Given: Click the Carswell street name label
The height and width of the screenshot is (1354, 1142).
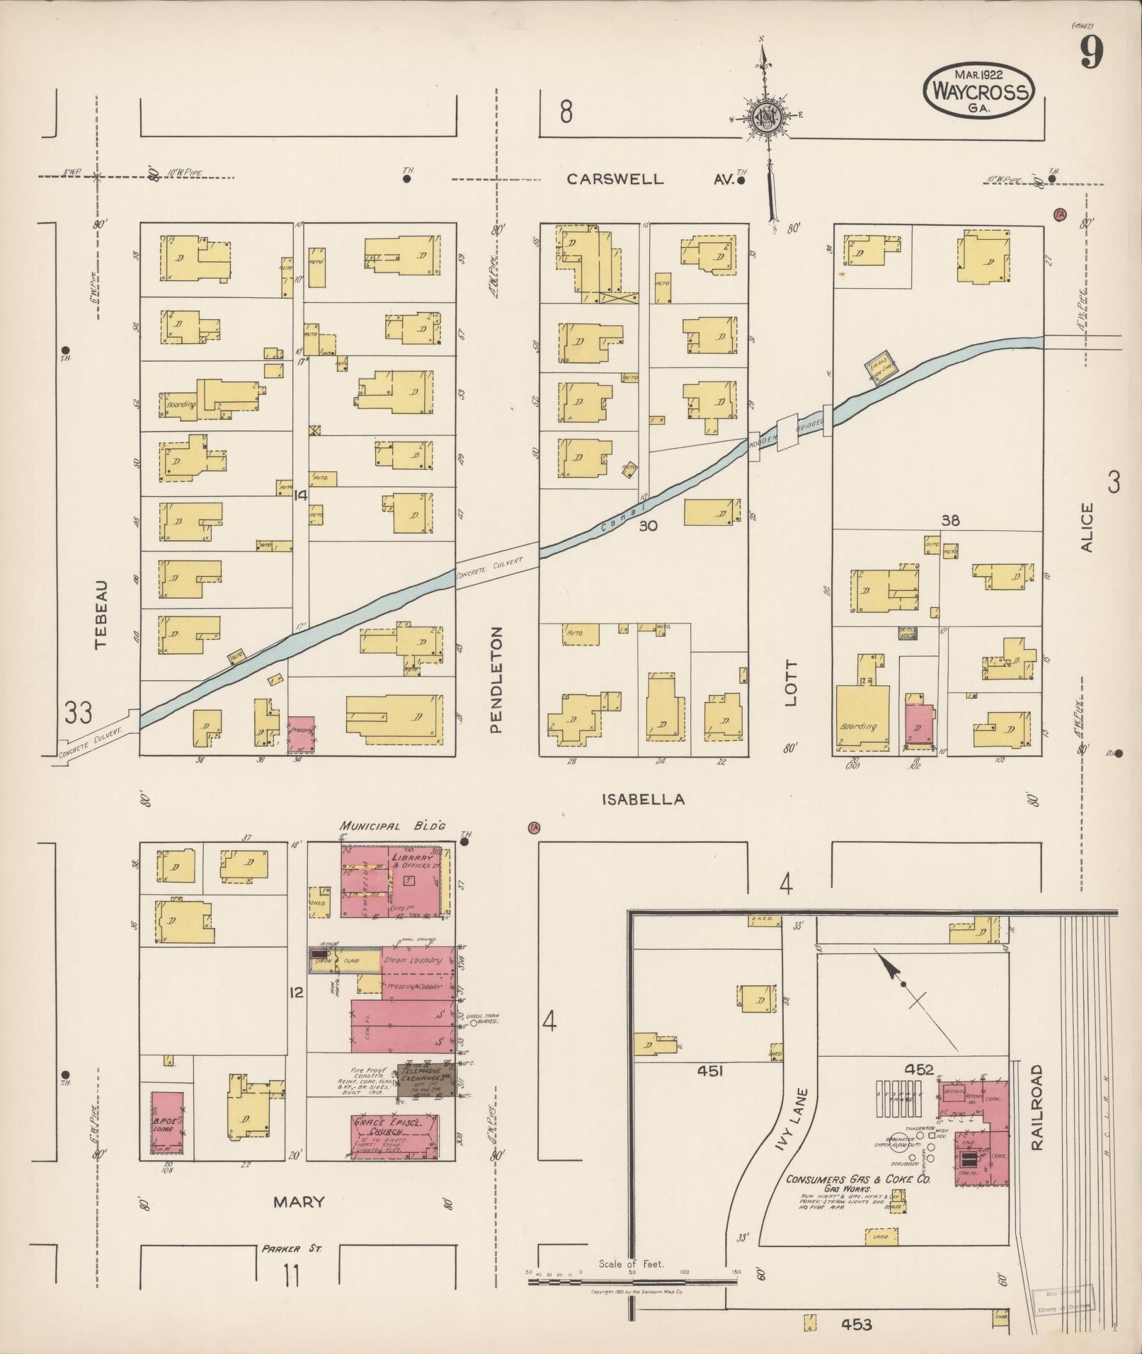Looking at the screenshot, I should pyautogui.click(x=615, y=179).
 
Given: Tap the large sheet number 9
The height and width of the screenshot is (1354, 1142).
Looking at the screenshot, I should pyautogui.click(x=1092, y=53).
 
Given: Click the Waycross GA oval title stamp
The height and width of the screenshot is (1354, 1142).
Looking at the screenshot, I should pyautogui.click(x=980, y=91).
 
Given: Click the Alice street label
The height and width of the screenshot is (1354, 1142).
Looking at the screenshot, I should pyautogui.click(x=1087, y=527).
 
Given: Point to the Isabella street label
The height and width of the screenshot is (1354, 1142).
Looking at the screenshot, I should pyautogui.click(x=643, y=799).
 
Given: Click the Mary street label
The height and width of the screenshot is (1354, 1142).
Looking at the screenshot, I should pyautogui.click(x=299, y=1201).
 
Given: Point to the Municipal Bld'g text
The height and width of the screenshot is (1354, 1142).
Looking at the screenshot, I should pyautogui.click(x=392, y=825).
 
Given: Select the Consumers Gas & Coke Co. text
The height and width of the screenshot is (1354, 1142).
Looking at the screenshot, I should pyautogui.click(x=858, y=1180).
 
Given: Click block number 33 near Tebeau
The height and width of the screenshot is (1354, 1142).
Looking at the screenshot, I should pyautogui.click(x=79, y=712).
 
